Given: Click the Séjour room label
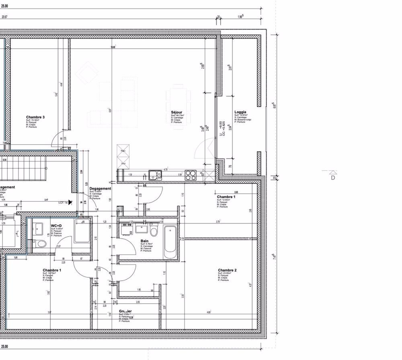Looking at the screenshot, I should click(x=176, y=112).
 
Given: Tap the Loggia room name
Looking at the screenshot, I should click(x=240, y=112).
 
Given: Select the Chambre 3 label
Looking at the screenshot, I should click(x=35, y=117).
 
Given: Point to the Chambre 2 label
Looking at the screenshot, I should click(x=227, y=270).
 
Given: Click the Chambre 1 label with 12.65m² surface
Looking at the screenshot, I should click(x=226, y=197).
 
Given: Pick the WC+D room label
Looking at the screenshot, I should click(x=56, y=226).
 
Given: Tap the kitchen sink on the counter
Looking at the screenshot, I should click(x=154, y=175).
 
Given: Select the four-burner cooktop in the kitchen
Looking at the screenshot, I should click(x=191, y=175).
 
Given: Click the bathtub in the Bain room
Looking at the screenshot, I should click(x=169, y=242).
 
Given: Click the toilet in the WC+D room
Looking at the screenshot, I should click(x=39, y=243).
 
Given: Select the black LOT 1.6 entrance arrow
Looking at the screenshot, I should click(x=70, y=202).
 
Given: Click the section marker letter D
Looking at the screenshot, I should click(x=333, y=177).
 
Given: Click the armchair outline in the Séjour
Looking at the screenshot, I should click(x=87, y=72).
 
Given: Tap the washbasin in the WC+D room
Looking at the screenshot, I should click(x=39, y=229).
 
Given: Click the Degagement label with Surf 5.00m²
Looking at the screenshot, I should click(x=100, y=189).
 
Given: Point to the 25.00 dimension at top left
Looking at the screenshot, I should click(x=5, y=7).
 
